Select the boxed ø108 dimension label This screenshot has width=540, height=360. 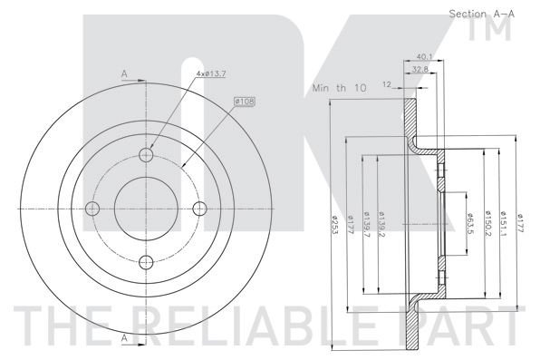243,101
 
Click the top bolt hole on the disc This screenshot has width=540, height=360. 145,154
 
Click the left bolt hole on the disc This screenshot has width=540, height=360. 91,209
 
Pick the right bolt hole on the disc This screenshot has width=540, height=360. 199,209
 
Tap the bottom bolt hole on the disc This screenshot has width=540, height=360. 145,263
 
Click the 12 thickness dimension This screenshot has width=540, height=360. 387,84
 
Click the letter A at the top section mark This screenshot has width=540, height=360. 123,74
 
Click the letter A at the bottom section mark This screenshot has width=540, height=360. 123,338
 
